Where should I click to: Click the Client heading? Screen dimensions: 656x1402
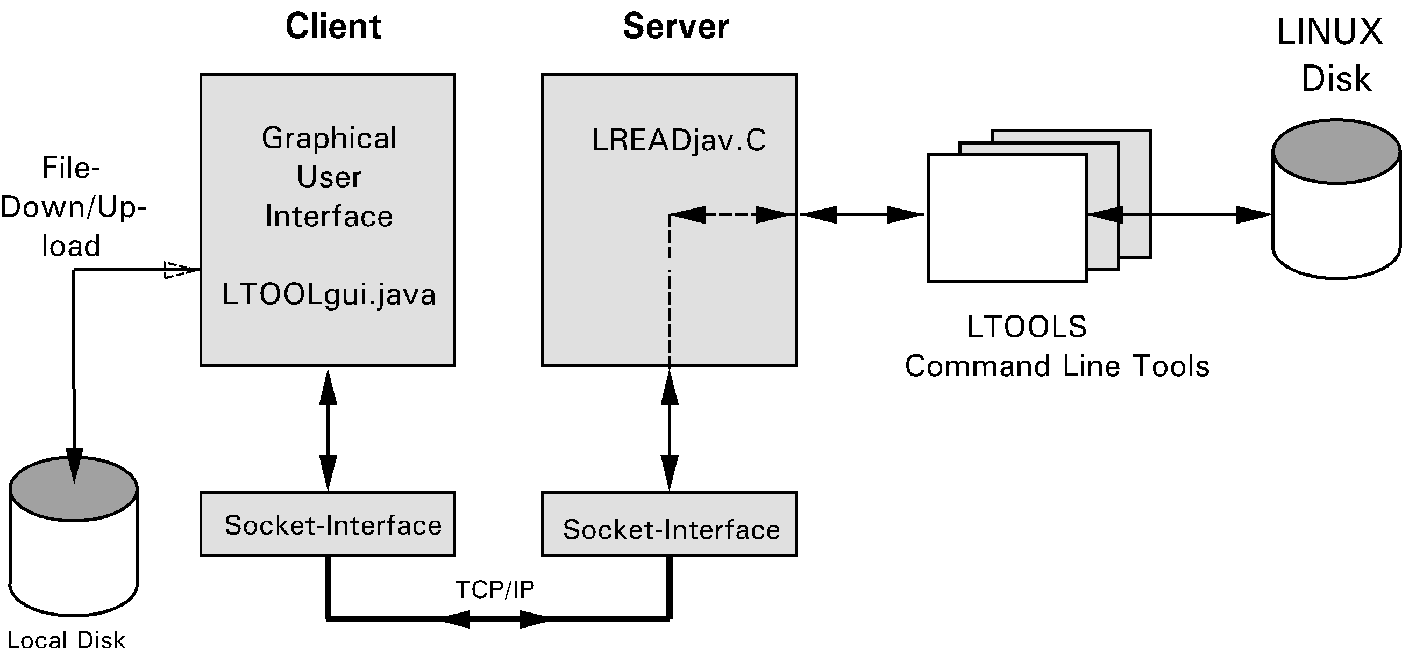(x=333, y=27)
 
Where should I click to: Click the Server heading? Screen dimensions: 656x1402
(x=675, y=27)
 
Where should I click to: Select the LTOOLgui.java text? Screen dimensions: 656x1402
(x=329, y=295)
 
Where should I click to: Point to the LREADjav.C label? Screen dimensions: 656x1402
(x=679, y=140)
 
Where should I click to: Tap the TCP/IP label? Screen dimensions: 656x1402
(x=495, y=589)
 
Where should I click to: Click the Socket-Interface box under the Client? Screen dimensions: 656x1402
(x=328, y=524)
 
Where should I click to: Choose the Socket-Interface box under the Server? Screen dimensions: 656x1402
(x=670, y=524)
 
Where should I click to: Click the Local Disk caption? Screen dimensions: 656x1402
(x=66, y=641)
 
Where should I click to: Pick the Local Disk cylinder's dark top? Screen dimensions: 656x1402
(x=74, y=488)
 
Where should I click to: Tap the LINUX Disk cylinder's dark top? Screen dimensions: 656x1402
(x=1336, y=151)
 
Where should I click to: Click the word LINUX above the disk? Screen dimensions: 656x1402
(x=1329, y=32)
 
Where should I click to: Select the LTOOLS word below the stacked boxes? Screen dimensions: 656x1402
(x=1027, y=327)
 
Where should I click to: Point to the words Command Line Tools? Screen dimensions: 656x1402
(x=1057, y=366)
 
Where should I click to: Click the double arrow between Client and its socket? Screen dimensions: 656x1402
(x=328, y=430)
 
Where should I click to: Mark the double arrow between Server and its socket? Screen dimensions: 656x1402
(x=670, y=430)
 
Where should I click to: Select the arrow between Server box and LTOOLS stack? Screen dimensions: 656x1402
(x=862, y=215)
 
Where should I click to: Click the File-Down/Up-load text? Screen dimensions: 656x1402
(x=73, y=207)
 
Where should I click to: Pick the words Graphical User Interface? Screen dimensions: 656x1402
(x=329, y=177)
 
